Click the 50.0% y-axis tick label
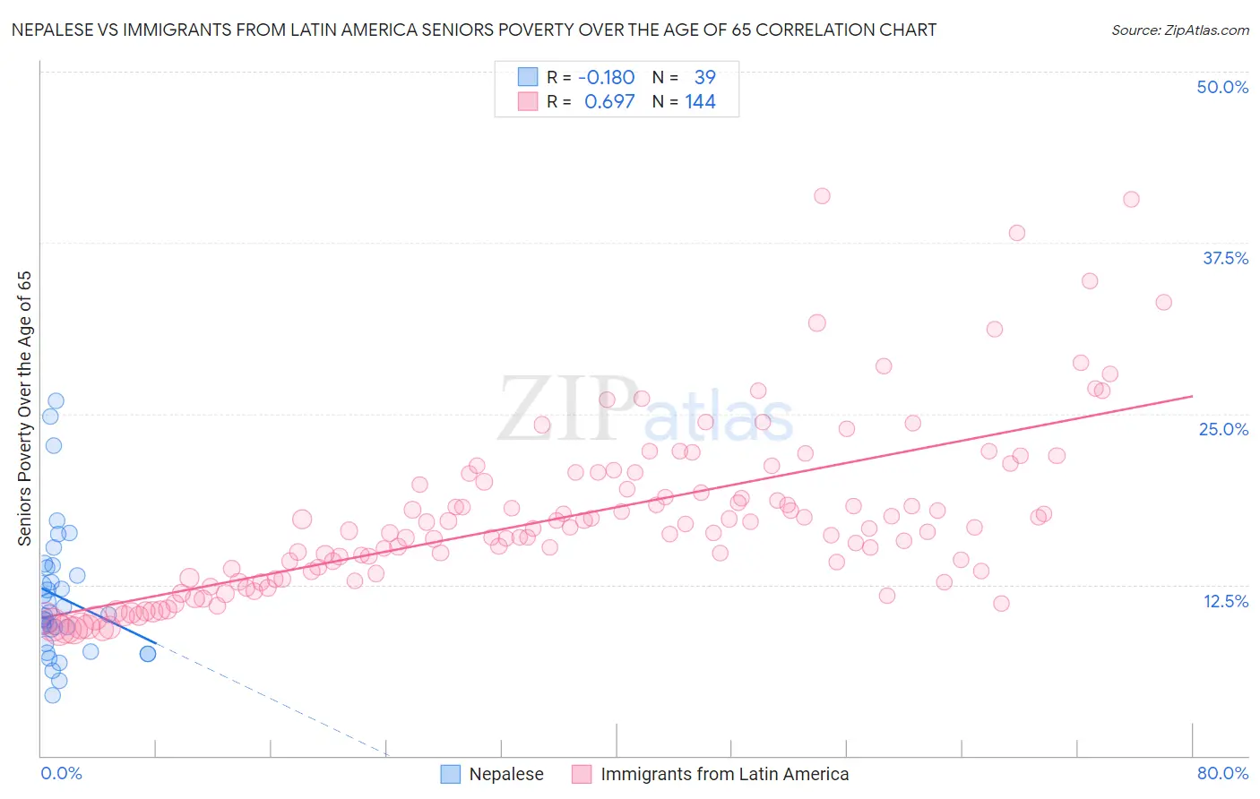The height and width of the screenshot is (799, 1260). pos(1222,87)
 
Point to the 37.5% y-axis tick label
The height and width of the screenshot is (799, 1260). pos(1225,258)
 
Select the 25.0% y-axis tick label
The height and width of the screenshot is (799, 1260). pos(1223,429)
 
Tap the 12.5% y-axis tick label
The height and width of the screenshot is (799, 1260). pos(1225,601)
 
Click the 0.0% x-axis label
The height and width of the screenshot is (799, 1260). pos(61,773)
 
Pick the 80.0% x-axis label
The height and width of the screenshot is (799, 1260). pos(1222,773)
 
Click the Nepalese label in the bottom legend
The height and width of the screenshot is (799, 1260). pos(506,774)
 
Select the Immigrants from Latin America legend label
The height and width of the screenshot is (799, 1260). pos(724,774)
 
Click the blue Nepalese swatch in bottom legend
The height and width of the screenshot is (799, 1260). pos(451,774)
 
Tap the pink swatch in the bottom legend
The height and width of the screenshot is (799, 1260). pos(582,774)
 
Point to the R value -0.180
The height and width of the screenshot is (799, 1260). pos(607,78)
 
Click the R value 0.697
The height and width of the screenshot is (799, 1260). pos(609,102)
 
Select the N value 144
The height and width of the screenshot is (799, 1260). pos(700,102)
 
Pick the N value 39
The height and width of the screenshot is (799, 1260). pos(704,78)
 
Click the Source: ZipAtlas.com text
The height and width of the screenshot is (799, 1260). pos(1179,30)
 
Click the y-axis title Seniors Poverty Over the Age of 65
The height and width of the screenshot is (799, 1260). pos(25,408)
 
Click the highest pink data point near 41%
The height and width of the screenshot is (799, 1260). pos(822,196)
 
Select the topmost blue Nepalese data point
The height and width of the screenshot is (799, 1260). pos(56,401)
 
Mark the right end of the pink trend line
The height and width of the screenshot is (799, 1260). pos(1192,396)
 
